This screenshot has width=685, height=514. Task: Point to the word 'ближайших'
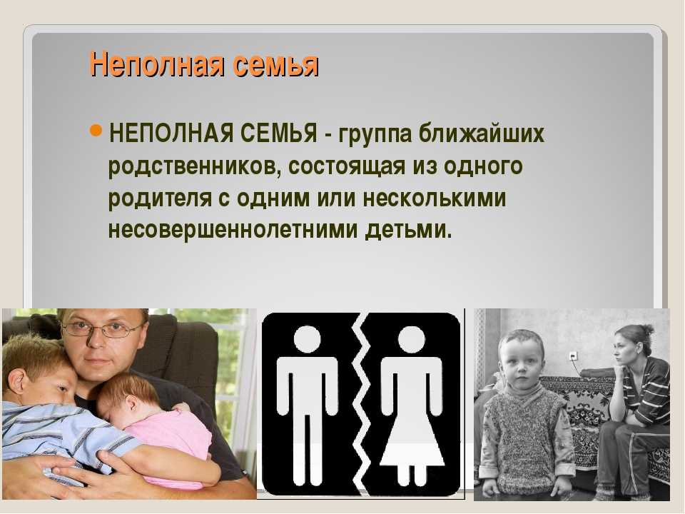[482, 133]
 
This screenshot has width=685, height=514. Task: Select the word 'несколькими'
[435, 198]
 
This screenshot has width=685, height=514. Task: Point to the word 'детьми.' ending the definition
[408, 230]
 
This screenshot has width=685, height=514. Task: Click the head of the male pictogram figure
[307, 338]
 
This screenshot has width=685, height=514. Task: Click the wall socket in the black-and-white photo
[574, 357]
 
